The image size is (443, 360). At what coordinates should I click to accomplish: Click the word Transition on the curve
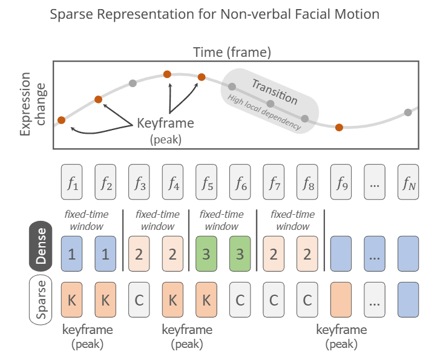click(x=274, y=91)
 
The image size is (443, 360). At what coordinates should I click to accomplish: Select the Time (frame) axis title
click(x=232, y=53)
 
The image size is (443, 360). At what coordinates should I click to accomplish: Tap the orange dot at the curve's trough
click(x=339, y=127)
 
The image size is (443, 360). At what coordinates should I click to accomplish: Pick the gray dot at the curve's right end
click(x=408, y=112)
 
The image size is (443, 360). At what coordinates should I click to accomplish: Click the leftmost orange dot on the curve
click(x=61, y=120)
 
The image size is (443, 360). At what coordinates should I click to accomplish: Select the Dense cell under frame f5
click(x=207, y=250)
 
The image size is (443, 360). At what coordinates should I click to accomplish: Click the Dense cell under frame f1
click(x=71, y=250)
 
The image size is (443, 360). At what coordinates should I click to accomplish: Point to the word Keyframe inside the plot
click(x=165, y=123)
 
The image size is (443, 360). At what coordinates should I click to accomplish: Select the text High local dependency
click(x=263, y=112)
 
